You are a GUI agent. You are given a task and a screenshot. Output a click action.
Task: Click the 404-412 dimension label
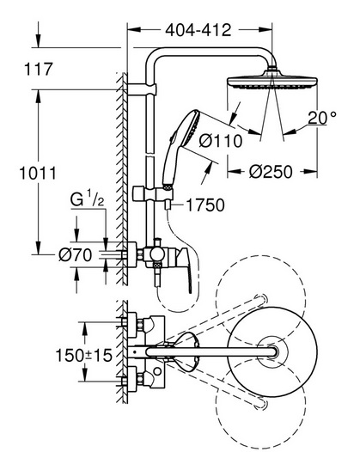(x=198, y=30)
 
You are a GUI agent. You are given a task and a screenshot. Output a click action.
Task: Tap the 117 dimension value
(x=39, y=70)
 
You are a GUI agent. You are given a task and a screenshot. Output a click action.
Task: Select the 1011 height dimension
(x=38, y=174)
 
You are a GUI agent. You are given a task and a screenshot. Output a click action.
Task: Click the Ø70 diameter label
(x=76, y=255)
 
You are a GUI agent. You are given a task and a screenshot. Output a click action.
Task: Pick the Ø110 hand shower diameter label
(x=221, y=141)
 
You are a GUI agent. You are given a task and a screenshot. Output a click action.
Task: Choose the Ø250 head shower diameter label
(x=271, y=172)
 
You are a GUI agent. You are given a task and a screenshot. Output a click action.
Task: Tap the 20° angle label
(x=322, y=118)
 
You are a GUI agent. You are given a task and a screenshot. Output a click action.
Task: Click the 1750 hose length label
(x=205, y=205)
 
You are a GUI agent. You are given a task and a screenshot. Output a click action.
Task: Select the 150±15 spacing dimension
(x=83, y=355)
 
